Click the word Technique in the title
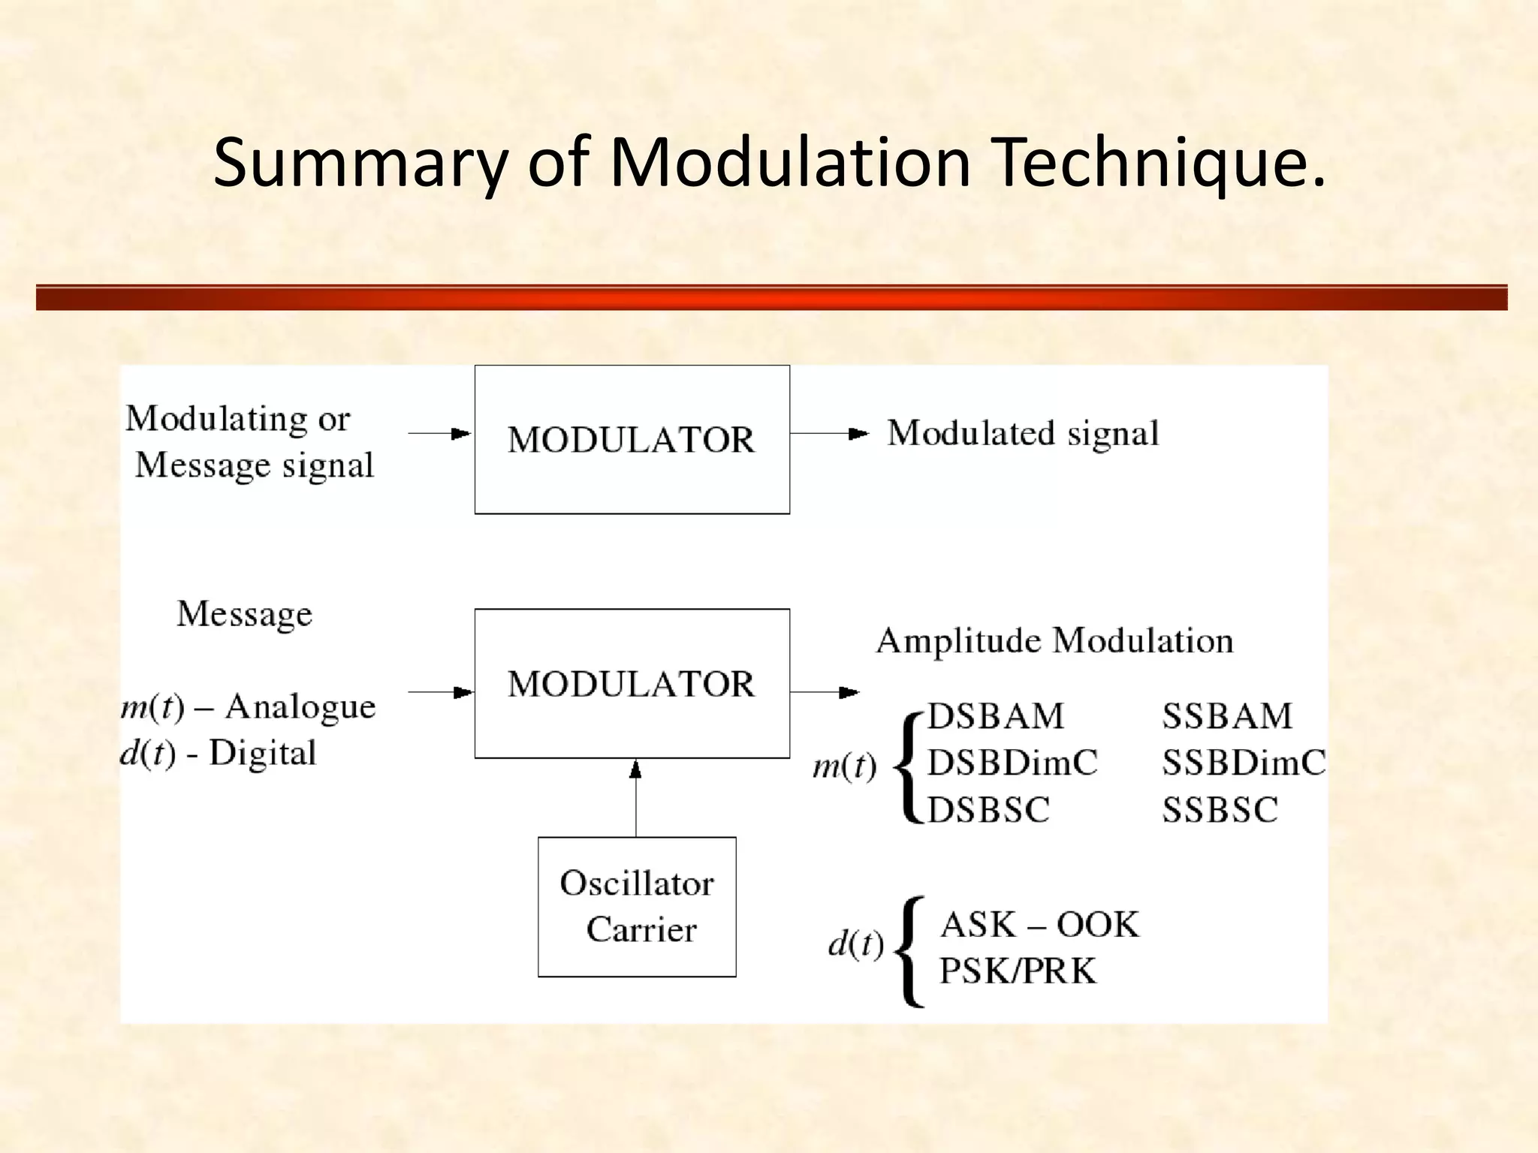1160,163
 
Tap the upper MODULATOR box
632,439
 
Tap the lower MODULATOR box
632,683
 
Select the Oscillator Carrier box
637,906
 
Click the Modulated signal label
1023,433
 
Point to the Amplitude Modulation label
1054,640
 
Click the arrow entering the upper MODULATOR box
439,433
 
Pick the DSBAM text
996,715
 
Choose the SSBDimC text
1244,763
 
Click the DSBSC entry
988,810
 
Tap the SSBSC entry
1220,810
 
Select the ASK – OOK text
1039,924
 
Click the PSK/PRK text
1018,971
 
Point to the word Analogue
300,706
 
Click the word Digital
262,753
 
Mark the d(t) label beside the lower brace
855,943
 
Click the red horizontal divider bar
771,297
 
